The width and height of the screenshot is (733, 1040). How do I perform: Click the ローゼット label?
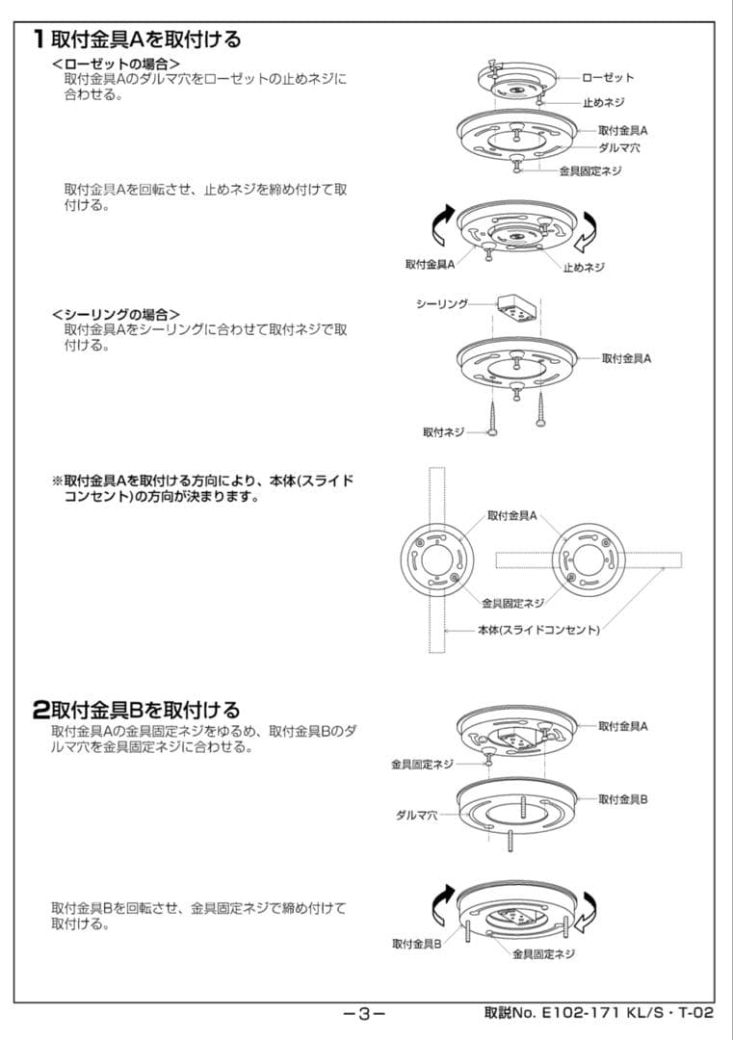click(x=608, y=77)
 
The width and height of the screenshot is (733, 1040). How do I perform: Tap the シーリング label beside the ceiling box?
click(x=441, y=303)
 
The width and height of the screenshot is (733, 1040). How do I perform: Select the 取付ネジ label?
click(x=443, y=432)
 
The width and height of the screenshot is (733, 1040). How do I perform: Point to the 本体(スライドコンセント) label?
click(x=538, y=630)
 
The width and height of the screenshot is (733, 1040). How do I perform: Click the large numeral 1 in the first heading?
click(x=39, y=39)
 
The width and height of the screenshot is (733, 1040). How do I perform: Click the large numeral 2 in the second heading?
click(x=40, y=710)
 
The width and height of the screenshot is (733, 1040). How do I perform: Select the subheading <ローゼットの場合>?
click(x=116, y=64)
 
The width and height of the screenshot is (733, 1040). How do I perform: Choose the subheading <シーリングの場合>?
click(x=116, y=315)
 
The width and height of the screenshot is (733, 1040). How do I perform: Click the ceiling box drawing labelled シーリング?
click(x=514, y=309)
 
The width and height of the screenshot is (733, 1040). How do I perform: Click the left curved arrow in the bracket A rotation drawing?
click(x=438, y=226)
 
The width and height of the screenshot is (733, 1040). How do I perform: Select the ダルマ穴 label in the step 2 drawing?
click(x=417, y=815)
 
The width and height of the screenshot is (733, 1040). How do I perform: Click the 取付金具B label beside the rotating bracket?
click(x=416, y=944)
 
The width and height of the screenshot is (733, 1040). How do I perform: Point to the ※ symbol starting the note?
click(x=57, y=480)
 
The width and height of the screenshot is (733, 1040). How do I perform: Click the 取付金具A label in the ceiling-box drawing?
click(x=626, y=358)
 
